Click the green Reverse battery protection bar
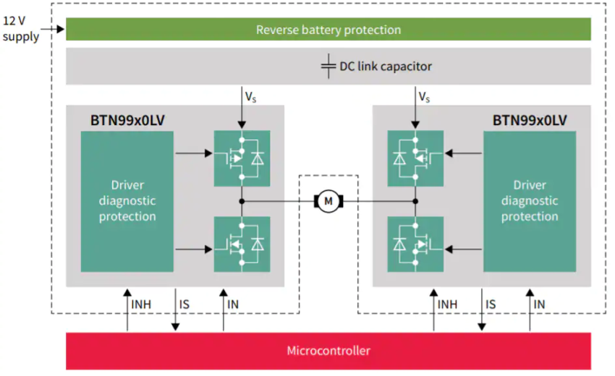[x=328, y=30]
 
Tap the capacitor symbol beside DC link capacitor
[x=328, y=66]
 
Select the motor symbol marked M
[x=328, y=201]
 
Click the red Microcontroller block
[x=328, y=351]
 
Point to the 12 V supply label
[x=20, y=29]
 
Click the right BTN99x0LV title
[x=530, y=119]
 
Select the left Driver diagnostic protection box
[x=127, y=201]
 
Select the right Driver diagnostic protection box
[x=530, y=201]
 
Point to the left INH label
[x=142, y=305]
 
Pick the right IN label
[x=539, y=305]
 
